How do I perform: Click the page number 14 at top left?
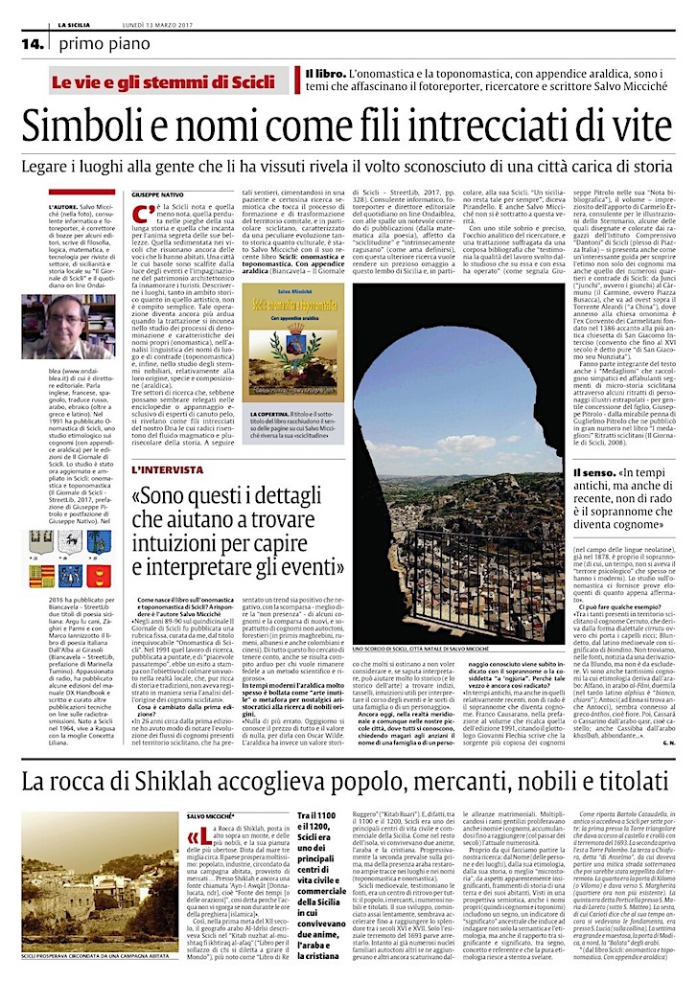33,43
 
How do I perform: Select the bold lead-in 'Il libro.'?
326,74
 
